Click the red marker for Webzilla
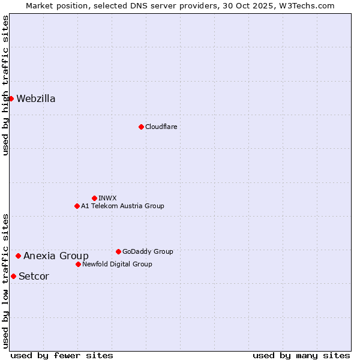(11, 98)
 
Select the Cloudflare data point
(141, 127)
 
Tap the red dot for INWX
(94, 198)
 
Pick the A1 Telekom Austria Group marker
(77, 206)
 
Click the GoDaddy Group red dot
(118, 251)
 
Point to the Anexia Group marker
(18, 256)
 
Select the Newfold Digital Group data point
(78, 264)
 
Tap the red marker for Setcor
(13, 276)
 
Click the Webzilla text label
(36, 99)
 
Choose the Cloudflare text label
(161, 127)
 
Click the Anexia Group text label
(56, 256)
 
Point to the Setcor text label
(34, 277)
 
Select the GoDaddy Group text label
(148, 251)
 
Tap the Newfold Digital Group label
(117, 264)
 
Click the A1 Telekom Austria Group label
(122, 206)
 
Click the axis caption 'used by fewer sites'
(62, 355)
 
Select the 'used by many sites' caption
(301, 355)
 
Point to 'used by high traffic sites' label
(5, 85)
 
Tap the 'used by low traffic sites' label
(5, 281)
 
